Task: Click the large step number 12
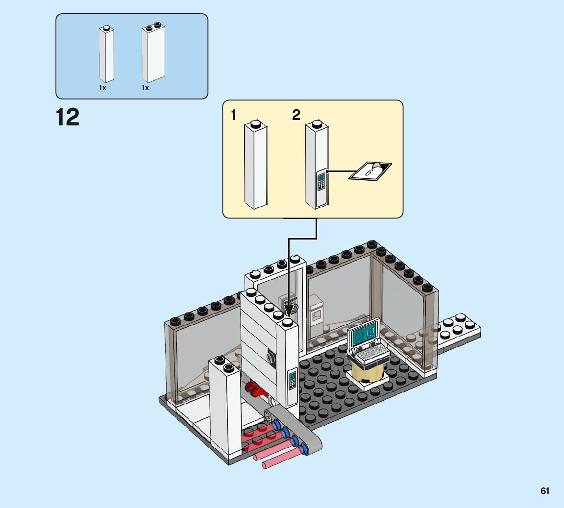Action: [x=68, y=118]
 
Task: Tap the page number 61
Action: [x=545, y=491]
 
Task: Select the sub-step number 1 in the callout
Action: [x=234, y=115]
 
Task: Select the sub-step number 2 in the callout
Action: [x=296, y=115]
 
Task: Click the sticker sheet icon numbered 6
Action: [x=370, y=170]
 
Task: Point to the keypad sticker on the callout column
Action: [x=321, y=182]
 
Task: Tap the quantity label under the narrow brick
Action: [x=102, y=88]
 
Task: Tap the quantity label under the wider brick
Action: [x=146, y=88]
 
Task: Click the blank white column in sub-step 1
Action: [x=255, y=166]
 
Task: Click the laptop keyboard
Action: [x=370, y=352]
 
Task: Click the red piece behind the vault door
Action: [x=253, y=388]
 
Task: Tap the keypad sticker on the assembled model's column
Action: [x=293, y=379]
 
